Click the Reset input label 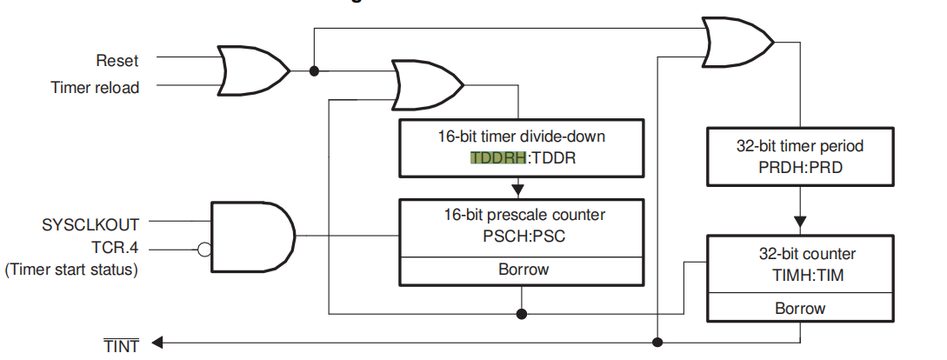(117, 61)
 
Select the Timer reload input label (95, 87)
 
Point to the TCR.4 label (116, 248)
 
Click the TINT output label (121, 346)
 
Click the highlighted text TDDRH (498, 159)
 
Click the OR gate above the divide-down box (427, 84)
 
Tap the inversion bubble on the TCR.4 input (204, 250)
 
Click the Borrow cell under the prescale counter (523, 269)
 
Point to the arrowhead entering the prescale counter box (518, 189)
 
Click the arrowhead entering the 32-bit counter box (799, 223)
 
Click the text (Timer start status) (72, 270)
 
